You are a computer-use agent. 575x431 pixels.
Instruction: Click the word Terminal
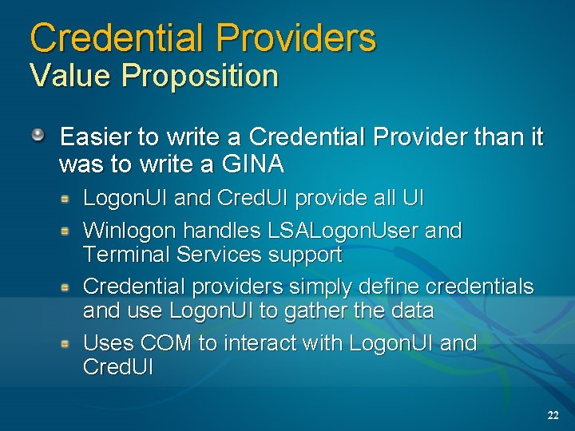[x=126, y=255]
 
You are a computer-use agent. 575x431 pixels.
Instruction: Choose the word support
[x=306, y=256]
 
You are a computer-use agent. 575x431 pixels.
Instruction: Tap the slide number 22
[x=553, y=415]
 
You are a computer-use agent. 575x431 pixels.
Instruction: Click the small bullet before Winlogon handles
[x=69, y=230]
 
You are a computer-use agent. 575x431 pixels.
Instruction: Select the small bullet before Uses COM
[x=69, y=342]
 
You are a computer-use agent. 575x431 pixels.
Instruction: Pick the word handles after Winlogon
[x=224, y=231]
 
